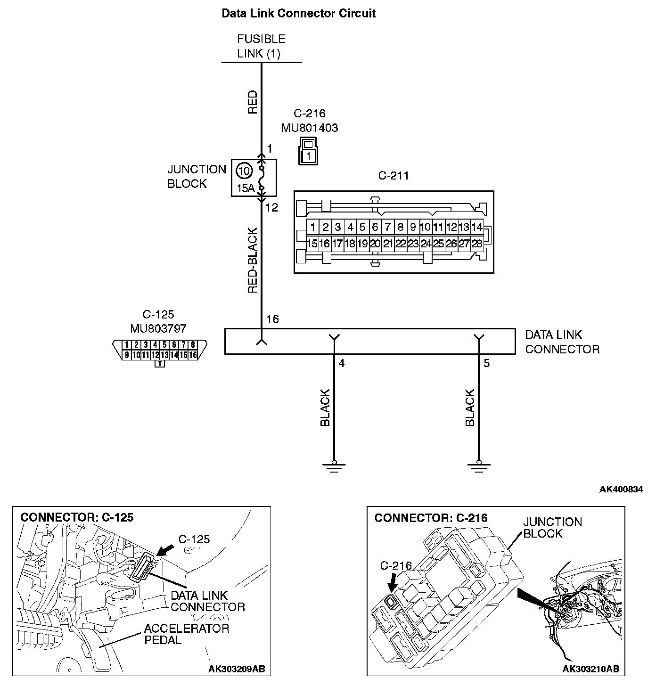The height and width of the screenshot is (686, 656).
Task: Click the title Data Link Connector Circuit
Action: click(298, 13)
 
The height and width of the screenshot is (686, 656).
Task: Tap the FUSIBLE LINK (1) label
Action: click(261, 46)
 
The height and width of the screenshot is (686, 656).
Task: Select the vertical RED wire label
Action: click(253, 102)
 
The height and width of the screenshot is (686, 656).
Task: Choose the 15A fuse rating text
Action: click(245, 188)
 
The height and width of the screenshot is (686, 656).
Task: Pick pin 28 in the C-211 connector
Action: click(477, 244)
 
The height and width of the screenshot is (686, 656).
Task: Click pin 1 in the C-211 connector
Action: click(313, 227)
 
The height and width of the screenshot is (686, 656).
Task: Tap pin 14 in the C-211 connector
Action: click(477, 227)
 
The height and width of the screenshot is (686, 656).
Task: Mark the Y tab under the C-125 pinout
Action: click(160, 364)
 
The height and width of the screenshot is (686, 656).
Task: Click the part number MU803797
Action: click(158, 328)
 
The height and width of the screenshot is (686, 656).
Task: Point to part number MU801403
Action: click(310, 128)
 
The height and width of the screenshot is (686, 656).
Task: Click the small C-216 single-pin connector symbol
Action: click(308, 151)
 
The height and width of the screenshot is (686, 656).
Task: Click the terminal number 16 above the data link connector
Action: click(272, 319)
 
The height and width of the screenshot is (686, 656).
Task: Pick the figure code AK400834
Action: click(621, 489)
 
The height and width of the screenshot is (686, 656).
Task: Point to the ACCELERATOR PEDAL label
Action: click(187, 634)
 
